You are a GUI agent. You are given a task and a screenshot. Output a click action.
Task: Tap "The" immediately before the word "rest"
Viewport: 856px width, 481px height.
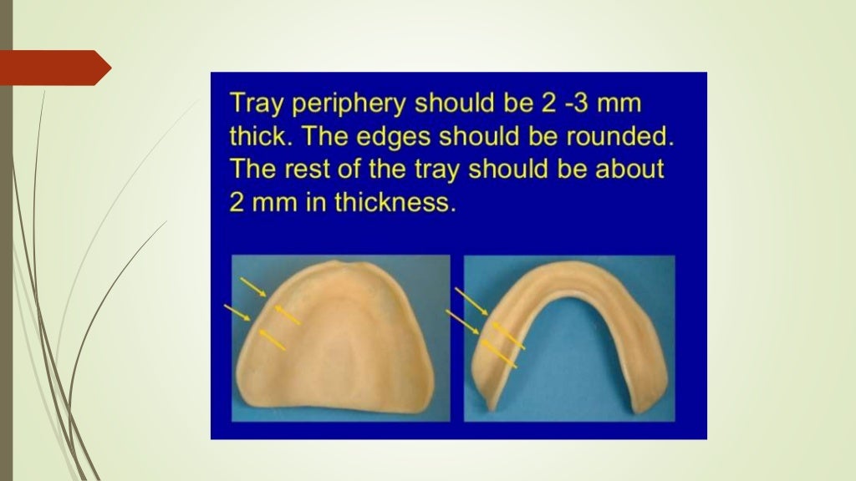pyautogui.click(x=254, y=169)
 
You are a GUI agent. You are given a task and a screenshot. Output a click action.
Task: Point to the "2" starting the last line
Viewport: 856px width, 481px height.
pyautogui.click(x=237, y=203)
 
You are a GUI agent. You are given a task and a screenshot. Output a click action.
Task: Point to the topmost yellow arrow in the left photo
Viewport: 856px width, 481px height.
pyautogui.click(x=253, y=287)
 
